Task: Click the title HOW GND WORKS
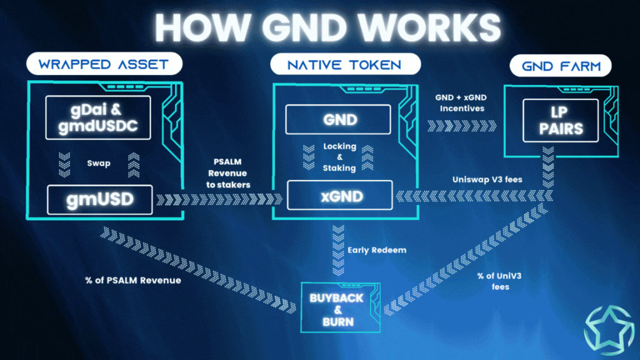(x=319, y=27)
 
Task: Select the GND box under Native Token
(x=338, y=119)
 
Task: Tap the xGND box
(x=338, y=195)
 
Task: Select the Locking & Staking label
(x=339, y=157)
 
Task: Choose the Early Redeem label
(x=377, y=250)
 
